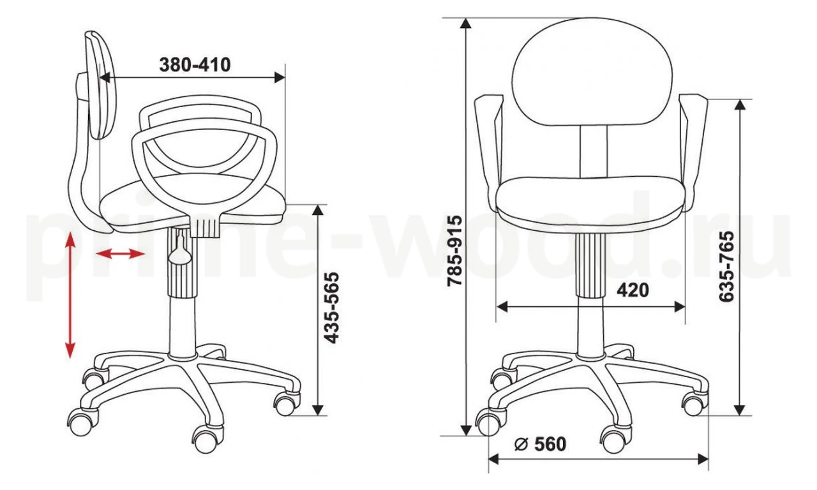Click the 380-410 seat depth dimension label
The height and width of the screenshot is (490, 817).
[x=195, y=65]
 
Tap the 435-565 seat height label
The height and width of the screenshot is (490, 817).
[x=331, y=308]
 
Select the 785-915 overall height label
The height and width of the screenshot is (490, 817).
[x=455, y=251]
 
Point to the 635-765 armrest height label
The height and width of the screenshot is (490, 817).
[x=726, y=267]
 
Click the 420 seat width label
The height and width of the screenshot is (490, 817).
[x=633, y=290]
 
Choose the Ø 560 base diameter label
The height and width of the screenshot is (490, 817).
[x=540, y=443]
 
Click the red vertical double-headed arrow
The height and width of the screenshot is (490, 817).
[x=70, y=295]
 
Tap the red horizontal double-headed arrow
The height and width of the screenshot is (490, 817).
[x=121, y=253]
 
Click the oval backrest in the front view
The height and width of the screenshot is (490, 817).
[x=592, y=72]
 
